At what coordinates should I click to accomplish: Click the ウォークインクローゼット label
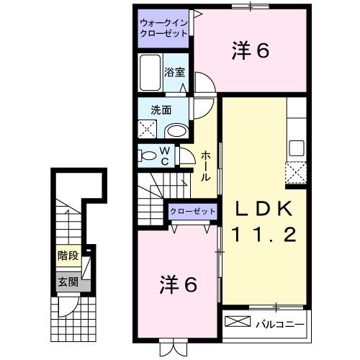163,28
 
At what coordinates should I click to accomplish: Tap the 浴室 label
174,72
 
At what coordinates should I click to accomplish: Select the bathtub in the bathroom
150,74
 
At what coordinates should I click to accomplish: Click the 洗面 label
160,111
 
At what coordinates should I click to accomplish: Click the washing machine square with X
149,130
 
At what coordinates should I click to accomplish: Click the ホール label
206,165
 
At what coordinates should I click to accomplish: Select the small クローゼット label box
192,211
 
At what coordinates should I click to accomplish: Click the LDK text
262,209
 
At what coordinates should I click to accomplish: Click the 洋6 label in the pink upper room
250,51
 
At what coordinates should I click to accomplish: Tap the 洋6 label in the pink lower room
177,285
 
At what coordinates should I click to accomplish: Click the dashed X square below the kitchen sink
295,173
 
